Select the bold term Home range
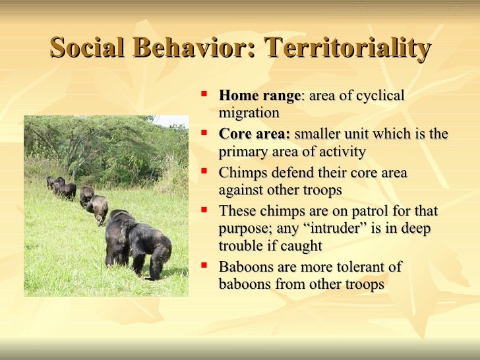pos(259,96)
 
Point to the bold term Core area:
pos(255,135)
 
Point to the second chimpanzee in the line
pos(98,208)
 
